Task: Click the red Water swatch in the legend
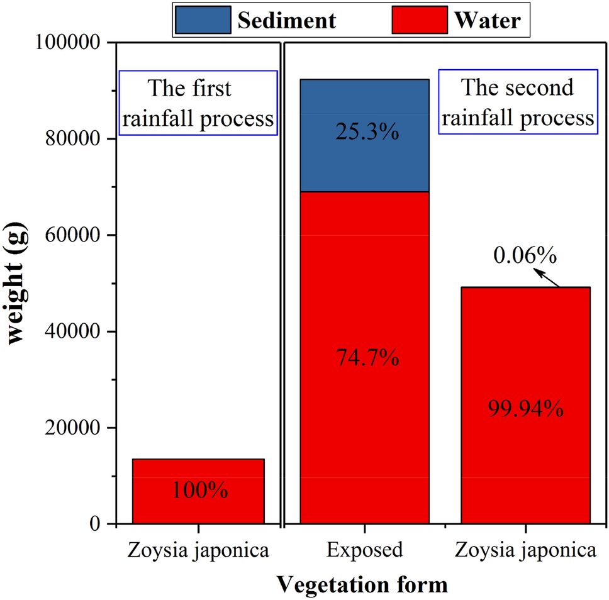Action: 419,21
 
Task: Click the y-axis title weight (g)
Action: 23,282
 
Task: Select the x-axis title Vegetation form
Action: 362,584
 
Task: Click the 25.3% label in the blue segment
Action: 364,133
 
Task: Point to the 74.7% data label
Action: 364,358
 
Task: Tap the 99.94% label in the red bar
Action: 525,409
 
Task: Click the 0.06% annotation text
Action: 525,255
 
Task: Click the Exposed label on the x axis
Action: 364,550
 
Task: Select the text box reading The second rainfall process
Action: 517,103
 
